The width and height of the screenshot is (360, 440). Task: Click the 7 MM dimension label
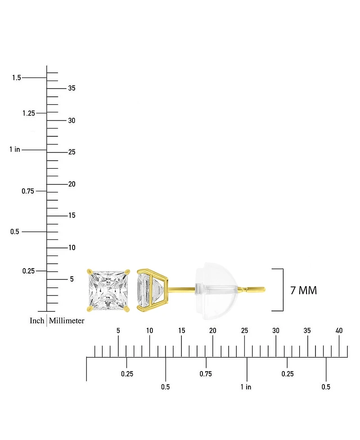(304, 291)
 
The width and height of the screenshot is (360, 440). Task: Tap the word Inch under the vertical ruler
(37, 320)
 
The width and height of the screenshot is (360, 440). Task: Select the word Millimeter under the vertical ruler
(67, 320)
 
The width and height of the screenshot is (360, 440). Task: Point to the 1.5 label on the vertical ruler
(17, 77)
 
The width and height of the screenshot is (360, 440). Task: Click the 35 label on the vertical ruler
(72, 88)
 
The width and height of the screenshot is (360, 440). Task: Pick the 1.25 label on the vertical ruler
(29, 113)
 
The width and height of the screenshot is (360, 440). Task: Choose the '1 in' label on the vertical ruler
(14, 149)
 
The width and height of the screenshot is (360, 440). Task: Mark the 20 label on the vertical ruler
(72, 184)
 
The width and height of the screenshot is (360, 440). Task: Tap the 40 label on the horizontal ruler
(339, 331)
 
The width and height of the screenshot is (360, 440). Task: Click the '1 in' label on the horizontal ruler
(246, 387)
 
